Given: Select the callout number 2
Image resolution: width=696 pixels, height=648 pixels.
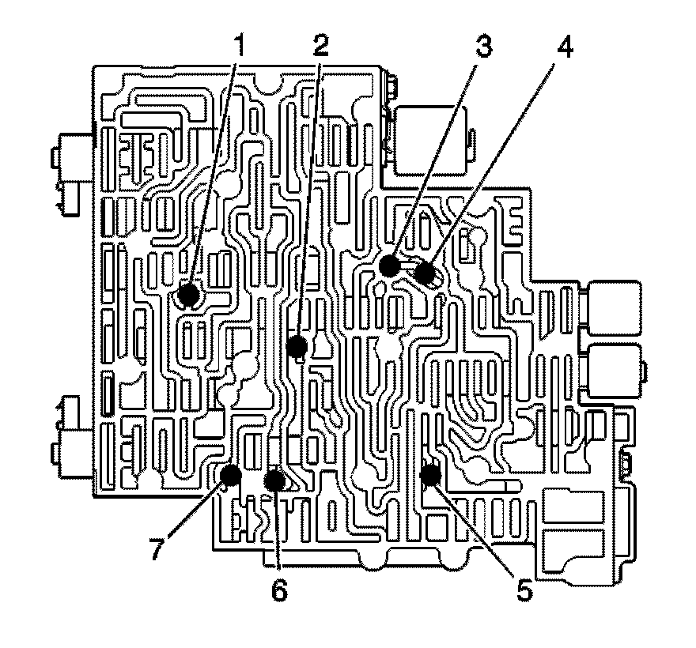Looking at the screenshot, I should (320, 45).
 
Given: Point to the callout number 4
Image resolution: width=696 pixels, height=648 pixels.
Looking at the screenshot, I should (563, 45).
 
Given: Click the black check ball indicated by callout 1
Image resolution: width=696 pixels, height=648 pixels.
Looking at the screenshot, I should (188, 296).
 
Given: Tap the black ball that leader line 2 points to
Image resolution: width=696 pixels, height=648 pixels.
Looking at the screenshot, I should (297, 346).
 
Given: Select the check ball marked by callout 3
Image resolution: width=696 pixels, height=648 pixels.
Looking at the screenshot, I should (388, 266).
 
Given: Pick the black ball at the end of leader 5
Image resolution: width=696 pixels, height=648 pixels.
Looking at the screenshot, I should (429, 475).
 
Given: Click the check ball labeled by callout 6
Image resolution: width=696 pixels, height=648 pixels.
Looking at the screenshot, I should (274, 479).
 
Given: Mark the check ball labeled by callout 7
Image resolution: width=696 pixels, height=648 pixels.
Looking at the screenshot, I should (230, 475).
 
